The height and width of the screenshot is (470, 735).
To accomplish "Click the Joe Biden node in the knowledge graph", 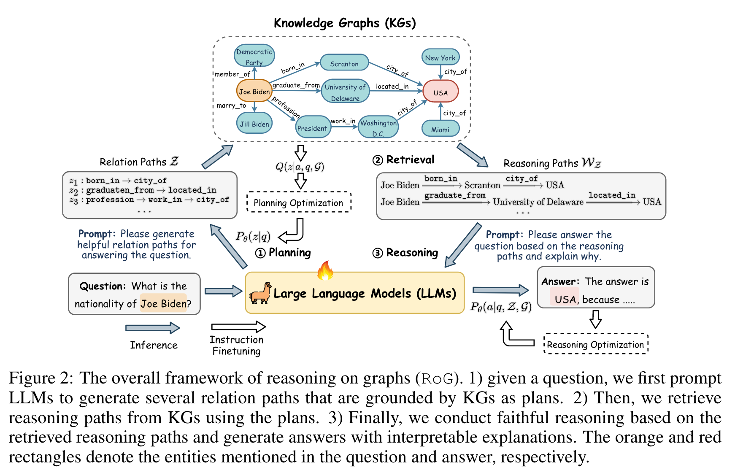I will tap(254, 91).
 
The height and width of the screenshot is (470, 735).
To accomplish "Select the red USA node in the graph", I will tap(440, 92).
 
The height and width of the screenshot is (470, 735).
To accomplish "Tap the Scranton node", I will tap(344, 63).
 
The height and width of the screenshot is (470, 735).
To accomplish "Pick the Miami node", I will tap(440, 129).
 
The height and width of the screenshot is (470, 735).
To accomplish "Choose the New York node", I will tap(440, 57).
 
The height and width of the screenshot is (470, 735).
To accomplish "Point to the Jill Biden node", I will tap(254, 124).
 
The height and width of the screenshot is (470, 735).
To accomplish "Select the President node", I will tap(312, 127).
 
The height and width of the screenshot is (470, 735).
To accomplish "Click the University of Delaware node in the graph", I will tap(345, 92).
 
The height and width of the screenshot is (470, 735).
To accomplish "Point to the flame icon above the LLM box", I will tap(325, 271).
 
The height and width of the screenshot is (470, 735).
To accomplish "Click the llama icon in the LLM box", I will tap(260, 293).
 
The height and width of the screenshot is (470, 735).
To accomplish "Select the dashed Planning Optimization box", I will tap(299, 203).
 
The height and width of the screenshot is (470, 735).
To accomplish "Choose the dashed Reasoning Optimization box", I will tap(595, 344).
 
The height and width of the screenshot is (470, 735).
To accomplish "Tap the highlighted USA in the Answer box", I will tap(565, 299).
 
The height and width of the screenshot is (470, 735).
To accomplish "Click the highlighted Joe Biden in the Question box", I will tap(163, 303).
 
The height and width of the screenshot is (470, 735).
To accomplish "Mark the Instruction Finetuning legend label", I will tap(236, 345).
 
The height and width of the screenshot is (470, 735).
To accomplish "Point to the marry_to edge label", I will tap(231, 105).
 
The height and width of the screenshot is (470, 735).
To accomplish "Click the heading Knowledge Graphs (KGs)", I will tap(345, 23).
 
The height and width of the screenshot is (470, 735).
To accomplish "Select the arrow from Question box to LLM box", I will tap(223, 291).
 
